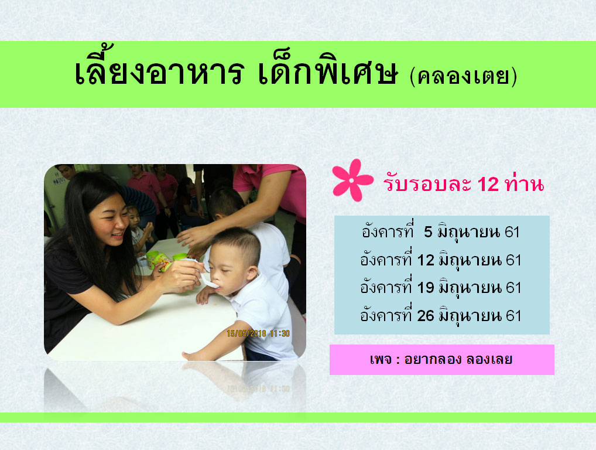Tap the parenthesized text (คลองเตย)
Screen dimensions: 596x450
pos(463,76)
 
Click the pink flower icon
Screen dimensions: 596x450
pos(352,180)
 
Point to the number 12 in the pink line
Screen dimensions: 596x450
pos(488,184)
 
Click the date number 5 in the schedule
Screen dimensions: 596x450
pos(428,231)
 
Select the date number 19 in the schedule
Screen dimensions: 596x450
pos(426,288)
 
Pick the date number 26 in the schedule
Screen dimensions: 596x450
pos(426,316)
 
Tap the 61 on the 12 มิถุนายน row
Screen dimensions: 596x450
pos(513,260)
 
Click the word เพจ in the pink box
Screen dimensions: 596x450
pos(381,359)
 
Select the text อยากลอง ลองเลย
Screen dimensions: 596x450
pos(458,359)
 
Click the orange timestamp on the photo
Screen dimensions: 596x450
pos(258,333)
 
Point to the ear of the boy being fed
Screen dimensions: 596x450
pos(252,272)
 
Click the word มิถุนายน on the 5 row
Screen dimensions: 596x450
pos(468,233)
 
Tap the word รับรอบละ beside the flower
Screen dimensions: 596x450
pos(427,184)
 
